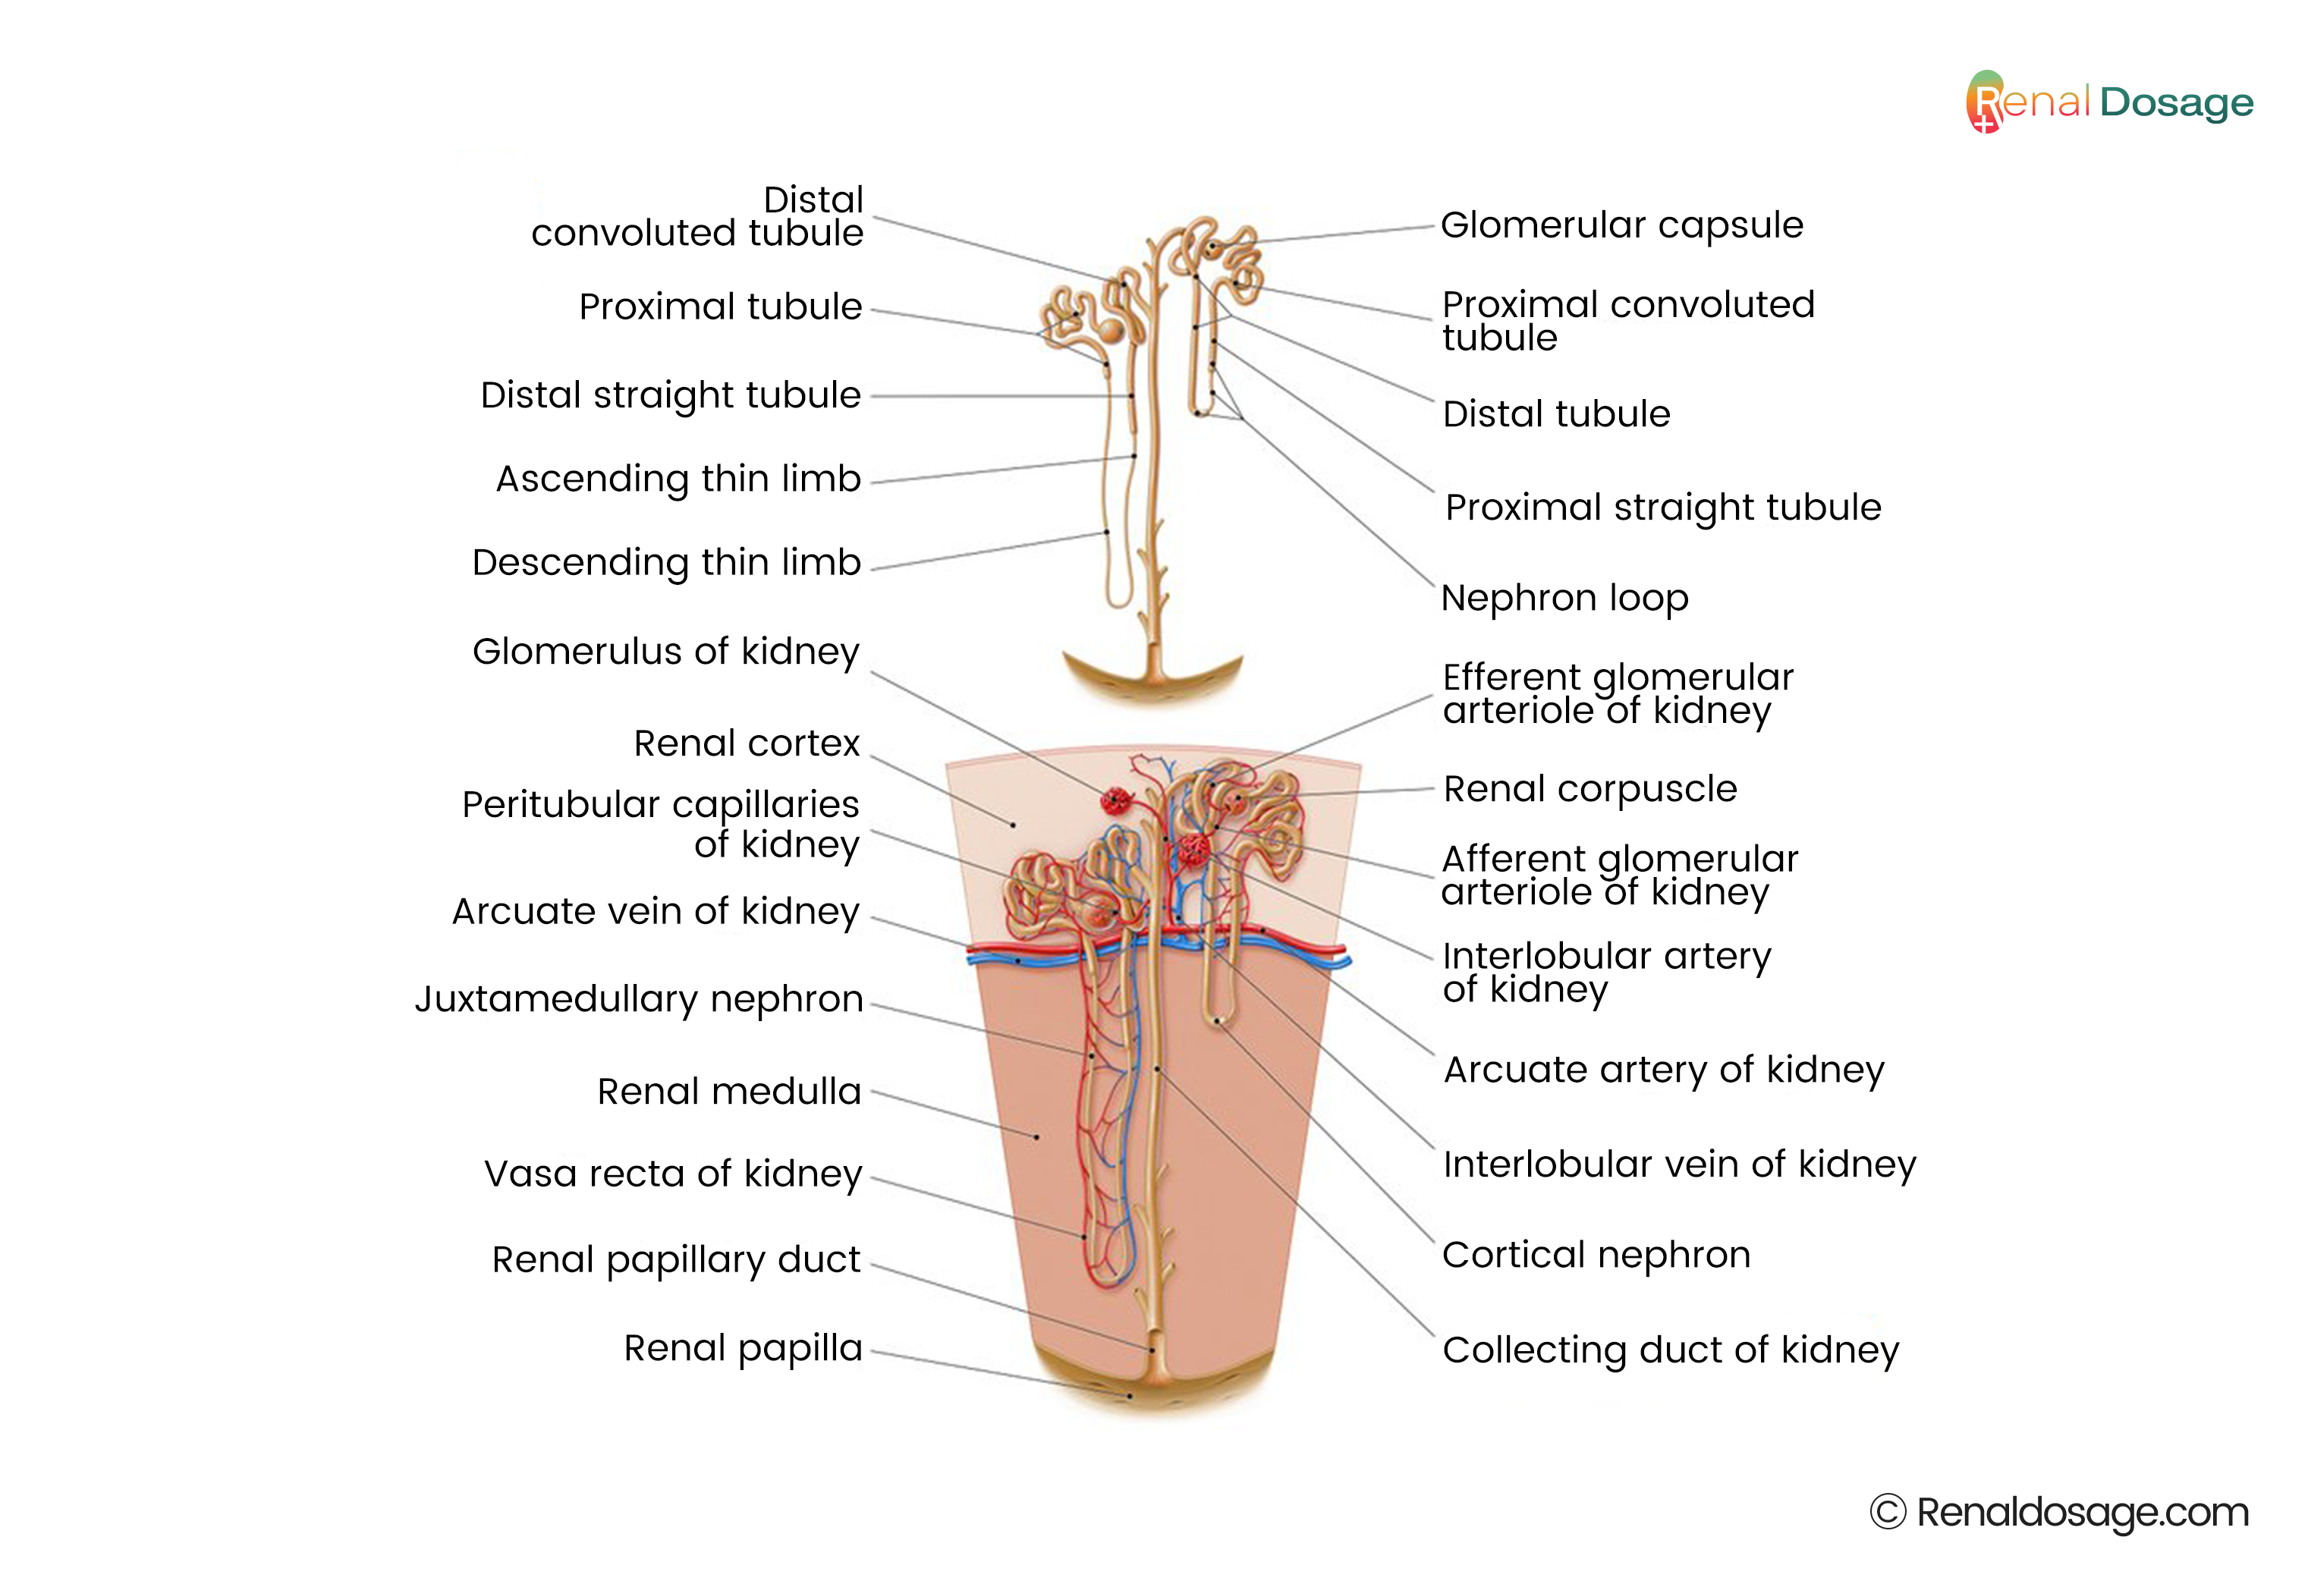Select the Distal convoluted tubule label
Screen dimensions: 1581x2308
697,216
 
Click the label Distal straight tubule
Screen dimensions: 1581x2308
671,395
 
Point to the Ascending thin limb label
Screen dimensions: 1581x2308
678,479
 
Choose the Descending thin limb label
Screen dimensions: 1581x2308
666,563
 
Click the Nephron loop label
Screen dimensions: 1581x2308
1564,598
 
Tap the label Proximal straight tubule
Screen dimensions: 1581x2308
1662,508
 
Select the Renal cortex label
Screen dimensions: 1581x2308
747,743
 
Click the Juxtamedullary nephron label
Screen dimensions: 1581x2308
639,999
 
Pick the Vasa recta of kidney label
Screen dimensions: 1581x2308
673,1174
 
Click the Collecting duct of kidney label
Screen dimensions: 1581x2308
1671,1350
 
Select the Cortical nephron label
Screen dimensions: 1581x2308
1596,1256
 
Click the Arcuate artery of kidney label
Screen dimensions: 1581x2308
1663,1070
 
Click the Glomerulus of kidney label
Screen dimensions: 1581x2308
665,652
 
